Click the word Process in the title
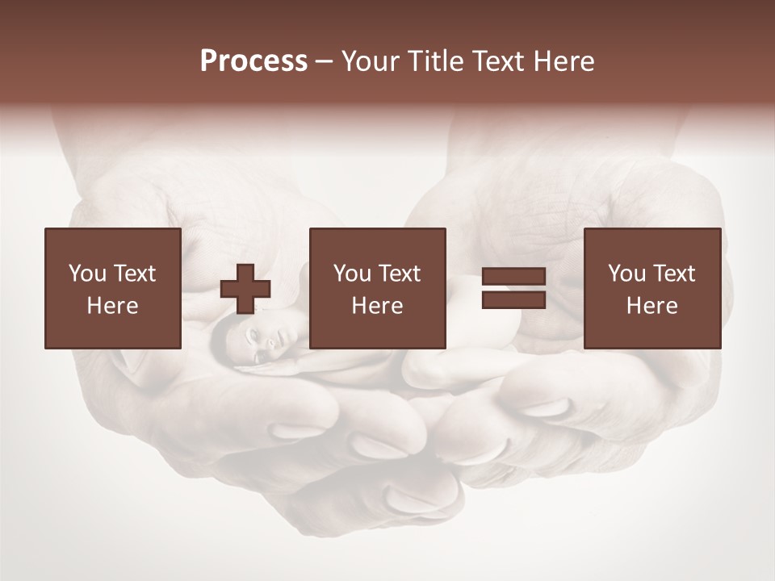coord(253,61)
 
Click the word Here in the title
coord(564,61)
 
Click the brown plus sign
coord(245,289)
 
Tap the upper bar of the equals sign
coord(513,277)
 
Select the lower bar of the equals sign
coord(513,300)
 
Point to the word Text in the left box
coord(134,274)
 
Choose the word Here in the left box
coord(112,306)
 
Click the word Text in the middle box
coord(399,274)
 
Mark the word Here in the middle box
coord(377,306)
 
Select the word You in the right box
coord(627,274)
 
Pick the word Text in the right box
coord(673,274)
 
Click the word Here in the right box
coord(651,306)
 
